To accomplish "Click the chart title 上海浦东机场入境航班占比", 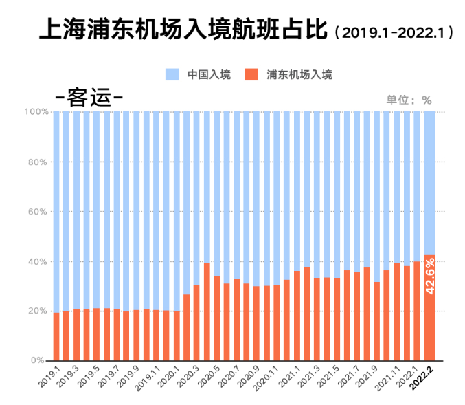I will coord(183,31).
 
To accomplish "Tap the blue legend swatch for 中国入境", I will coord(172,74).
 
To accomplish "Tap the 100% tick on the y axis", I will coord(36,111).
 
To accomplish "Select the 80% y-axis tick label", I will coord(38,162).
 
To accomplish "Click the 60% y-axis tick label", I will coord(38,212).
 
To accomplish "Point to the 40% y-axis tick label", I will coord(38,262).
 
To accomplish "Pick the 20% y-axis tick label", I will coord(38,311).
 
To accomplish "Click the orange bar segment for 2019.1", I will coord(56,337).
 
